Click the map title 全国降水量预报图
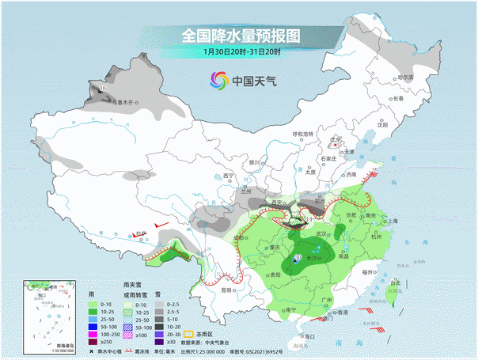pyautogui.click(x=241, y=36)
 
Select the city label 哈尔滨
pyautogui.click(x=404, y=78)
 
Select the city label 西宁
pyautogui.click(x=229, y=175)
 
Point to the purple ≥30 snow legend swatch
pyautogui.click(x=159, y=343)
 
